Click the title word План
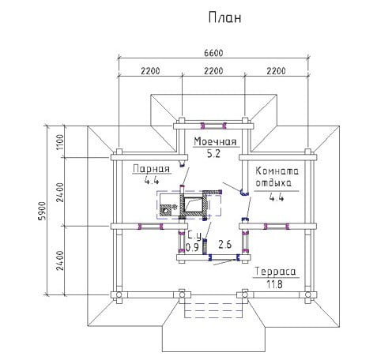224,18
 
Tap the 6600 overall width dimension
213,53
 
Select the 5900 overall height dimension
42,211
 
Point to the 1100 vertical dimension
60,142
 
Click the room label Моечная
215,141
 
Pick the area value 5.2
213,154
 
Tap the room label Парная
151,169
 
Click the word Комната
277,171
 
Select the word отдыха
273,182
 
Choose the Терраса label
275,272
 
